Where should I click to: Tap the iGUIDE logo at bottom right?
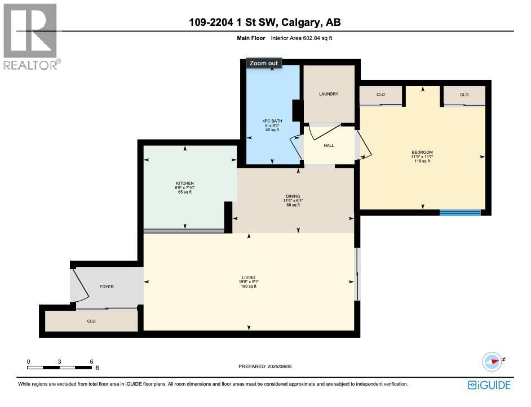point(489,385)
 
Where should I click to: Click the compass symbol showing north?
point(492,361)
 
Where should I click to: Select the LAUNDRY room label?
point(329,94)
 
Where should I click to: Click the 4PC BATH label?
point(272,121)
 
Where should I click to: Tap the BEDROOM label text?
point(422,153)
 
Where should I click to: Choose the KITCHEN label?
point(185,184)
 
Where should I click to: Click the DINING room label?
point(292,196)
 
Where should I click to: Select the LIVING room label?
point(249,278)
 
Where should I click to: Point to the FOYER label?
point(107,287)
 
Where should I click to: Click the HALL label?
point(329,145)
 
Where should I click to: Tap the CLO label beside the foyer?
point(91,321)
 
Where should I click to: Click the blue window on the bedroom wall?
point(460,213)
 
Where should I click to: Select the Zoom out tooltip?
point(264,63)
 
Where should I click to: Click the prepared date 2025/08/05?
point(265,366)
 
